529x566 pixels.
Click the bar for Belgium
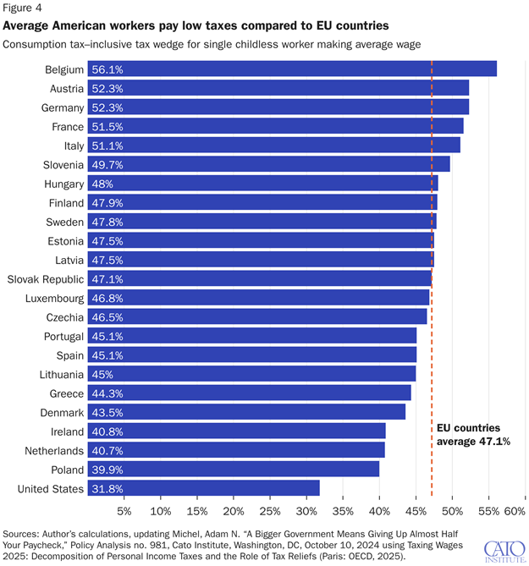[x=292, y=69]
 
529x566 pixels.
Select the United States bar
[x=203, y=488]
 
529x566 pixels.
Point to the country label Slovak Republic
[x=45, y=279]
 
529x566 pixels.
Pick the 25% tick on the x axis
[x=269, y=511]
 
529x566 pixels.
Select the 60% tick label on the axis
[x=515, y=511]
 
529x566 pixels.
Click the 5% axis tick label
[x=124, y=511]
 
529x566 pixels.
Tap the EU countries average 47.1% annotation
[x=472, y=435]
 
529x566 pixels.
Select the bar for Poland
[x=233, y=470]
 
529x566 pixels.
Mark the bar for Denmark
[x=246, y=412]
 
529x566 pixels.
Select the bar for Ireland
[x=236, y=431]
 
